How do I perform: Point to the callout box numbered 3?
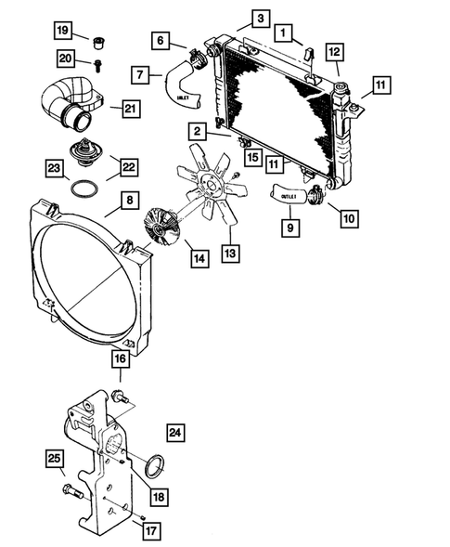pos(260,19)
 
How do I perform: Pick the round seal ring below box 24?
pos(159,462)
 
